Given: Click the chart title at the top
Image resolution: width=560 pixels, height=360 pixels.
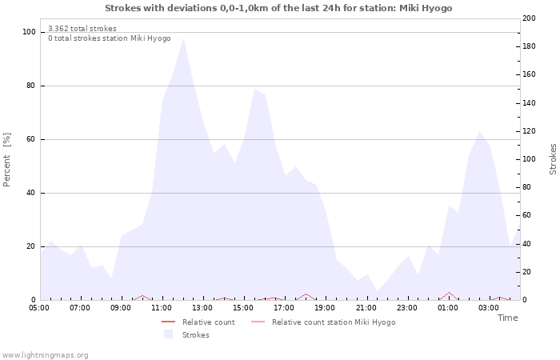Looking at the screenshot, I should (x=278, y=8).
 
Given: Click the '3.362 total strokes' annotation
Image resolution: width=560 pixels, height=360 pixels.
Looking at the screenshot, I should (x=82, y=29).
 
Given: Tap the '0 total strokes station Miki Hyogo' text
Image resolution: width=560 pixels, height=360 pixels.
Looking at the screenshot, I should (x=109, y=38).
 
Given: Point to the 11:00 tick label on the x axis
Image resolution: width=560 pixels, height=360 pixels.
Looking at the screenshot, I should (x=162, y=307).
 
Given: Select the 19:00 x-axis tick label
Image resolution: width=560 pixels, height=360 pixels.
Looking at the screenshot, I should (x=325, y=307).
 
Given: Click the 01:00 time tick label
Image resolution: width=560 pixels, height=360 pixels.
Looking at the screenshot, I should (x=448, y=307).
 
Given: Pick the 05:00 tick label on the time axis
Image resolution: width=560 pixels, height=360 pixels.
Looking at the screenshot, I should (x=39, y=307).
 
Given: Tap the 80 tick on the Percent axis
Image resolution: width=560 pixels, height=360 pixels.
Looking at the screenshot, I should (x=30, y=86).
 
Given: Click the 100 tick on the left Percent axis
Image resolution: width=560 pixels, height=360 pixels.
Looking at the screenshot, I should (x=28, y=32).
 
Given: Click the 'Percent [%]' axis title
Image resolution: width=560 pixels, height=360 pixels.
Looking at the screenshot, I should (x=7, y=160).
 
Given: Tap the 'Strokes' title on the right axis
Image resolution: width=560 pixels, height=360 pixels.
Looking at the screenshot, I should (x=553, y=159).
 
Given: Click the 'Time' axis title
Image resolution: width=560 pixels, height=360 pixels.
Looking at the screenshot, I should (x=507, y=318).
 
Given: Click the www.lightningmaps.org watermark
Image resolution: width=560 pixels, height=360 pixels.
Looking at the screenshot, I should (x=45, y=355).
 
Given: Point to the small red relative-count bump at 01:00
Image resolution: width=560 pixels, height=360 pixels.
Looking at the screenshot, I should (x=449, y=293).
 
